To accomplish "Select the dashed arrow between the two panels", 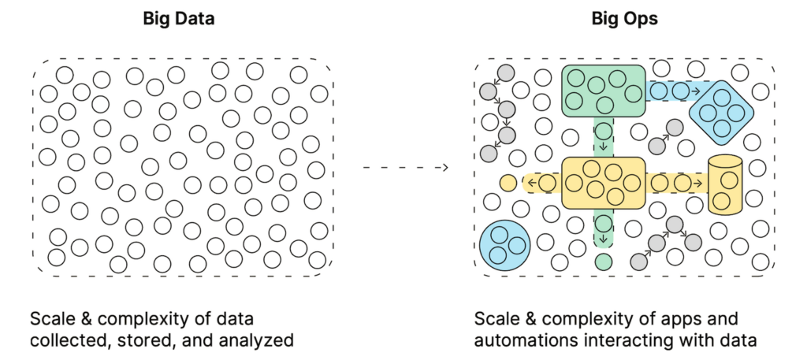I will (x=404, y=167).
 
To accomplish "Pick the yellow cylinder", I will (x=726, y=185).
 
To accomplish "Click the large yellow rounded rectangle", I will (x=603, y=183).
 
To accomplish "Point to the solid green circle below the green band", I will (x=603, y=260).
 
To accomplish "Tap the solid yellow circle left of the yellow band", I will (x=508, y=184).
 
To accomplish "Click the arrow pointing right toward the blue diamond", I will (x=696, y=91).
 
